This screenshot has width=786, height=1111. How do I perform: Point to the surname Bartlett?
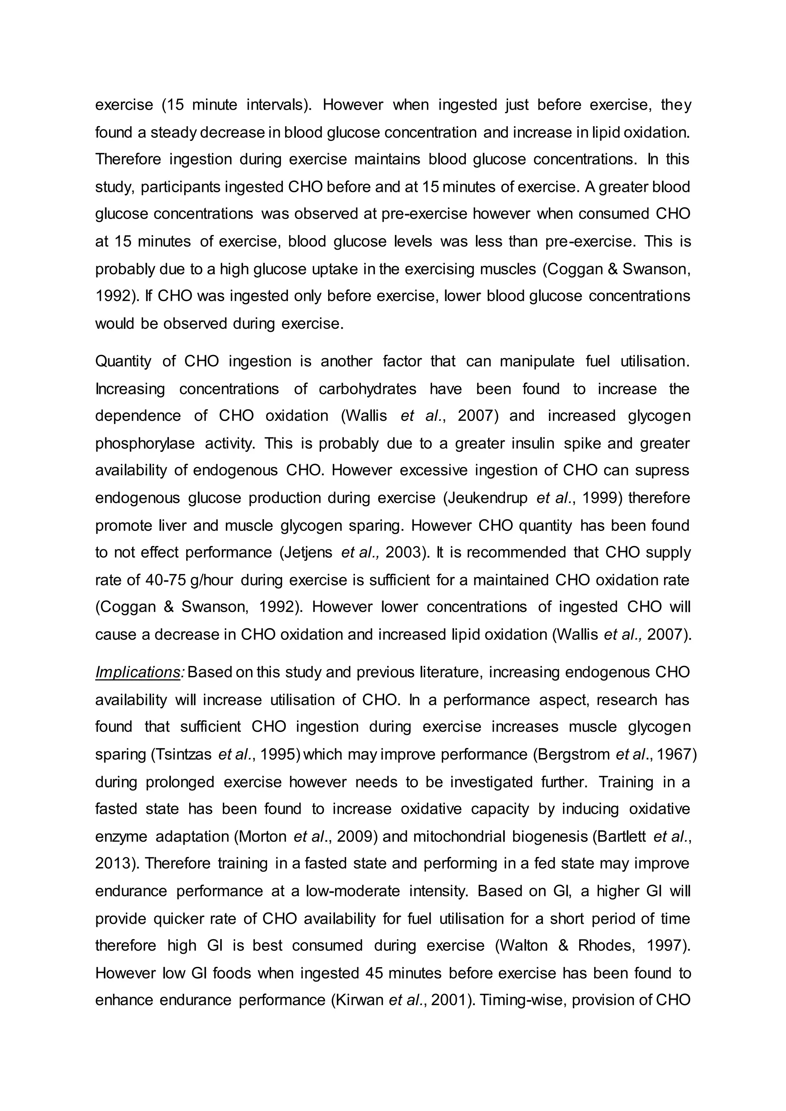pyautogui.click(x=622, y=837)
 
